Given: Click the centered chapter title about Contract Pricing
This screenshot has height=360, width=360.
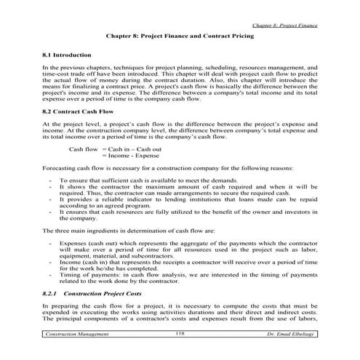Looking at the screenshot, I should pyautogui.click(x=179, y=34).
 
